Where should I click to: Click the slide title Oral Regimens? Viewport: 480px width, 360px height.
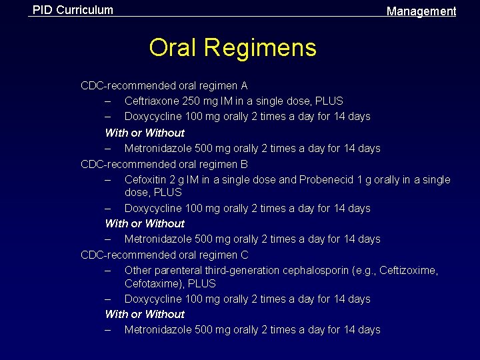tap(233, 48)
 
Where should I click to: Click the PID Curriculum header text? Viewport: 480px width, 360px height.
tap(73, 10)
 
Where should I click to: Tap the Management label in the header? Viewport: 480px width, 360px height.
tap(421, 11)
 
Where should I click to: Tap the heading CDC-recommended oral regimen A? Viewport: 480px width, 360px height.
tap(164, 86)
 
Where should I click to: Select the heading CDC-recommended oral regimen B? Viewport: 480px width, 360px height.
tap(164, 164)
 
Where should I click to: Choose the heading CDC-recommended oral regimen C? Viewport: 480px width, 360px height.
tap(164, 255)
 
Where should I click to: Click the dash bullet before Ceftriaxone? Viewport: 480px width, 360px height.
tap(108, 101)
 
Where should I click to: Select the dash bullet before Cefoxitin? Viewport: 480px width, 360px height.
tap(108, 180)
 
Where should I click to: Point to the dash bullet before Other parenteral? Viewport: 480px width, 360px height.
tap(108, 271)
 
